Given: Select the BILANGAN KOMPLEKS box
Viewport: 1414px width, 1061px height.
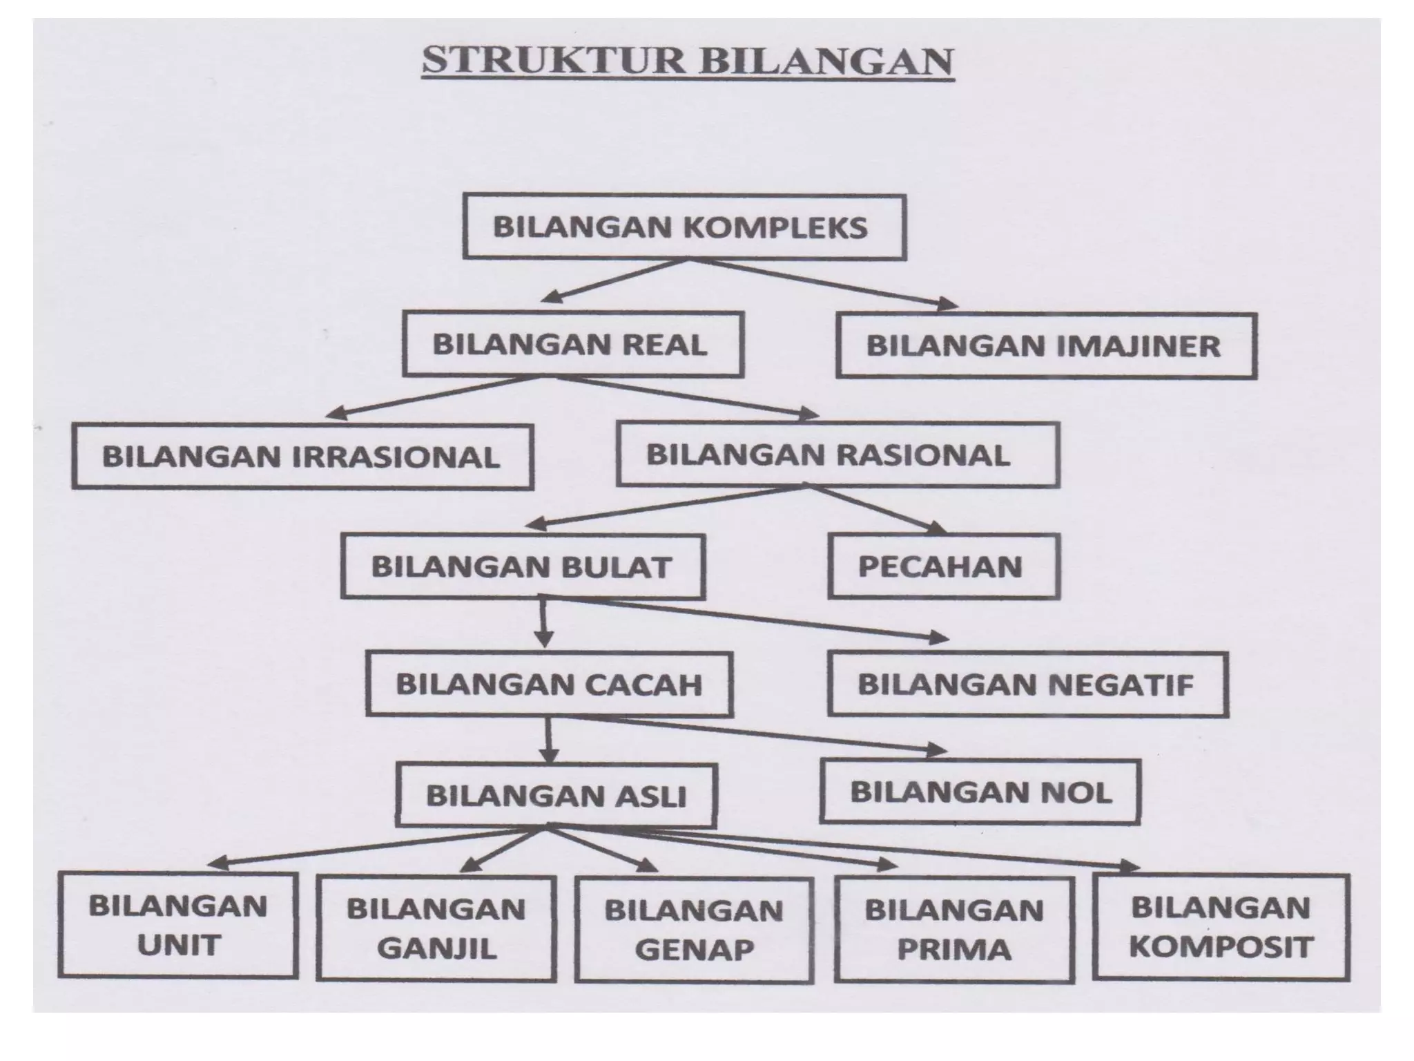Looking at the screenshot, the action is (684, 227).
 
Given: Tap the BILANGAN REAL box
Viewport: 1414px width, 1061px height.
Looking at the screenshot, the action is (572, 345).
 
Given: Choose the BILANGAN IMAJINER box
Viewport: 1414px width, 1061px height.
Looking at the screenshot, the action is (1045, 346).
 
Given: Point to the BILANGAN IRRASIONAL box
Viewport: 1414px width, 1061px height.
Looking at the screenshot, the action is (302, 457).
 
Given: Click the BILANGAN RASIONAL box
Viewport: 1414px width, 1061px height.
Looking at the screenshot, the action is (837, 455).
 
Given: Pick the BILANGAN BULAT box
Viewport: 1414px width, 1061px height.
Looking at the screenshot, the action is (523, 566).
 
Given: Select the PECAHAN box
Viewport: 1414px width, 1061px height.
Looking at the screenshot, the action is (942, 566).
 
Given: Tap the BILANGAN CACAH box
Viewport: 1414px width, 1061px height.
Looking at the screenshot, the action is (549, 684).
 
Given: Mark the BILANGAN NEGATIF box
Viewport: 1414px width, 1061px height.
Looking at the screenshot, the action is (1027, 684).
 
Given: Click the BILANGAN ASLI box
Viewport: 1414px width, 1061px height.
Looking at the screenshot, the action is (556, 796).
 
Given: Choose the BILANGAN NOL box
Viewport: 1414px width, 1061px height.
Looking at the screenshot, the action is (980, 792).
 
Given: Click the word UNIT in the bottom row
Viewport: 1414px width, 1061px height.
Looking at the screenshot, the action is (178, 945).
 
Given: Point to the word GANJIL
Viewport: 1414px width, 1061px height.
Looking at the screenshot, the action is (436, 948).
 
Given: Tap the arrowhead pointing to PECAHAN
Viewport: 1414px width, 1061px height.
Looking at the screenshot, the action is (938, 528).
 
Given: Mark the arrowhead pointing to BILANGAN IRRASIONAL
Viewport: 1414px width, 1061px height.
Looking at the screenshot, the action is (334, 414).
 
